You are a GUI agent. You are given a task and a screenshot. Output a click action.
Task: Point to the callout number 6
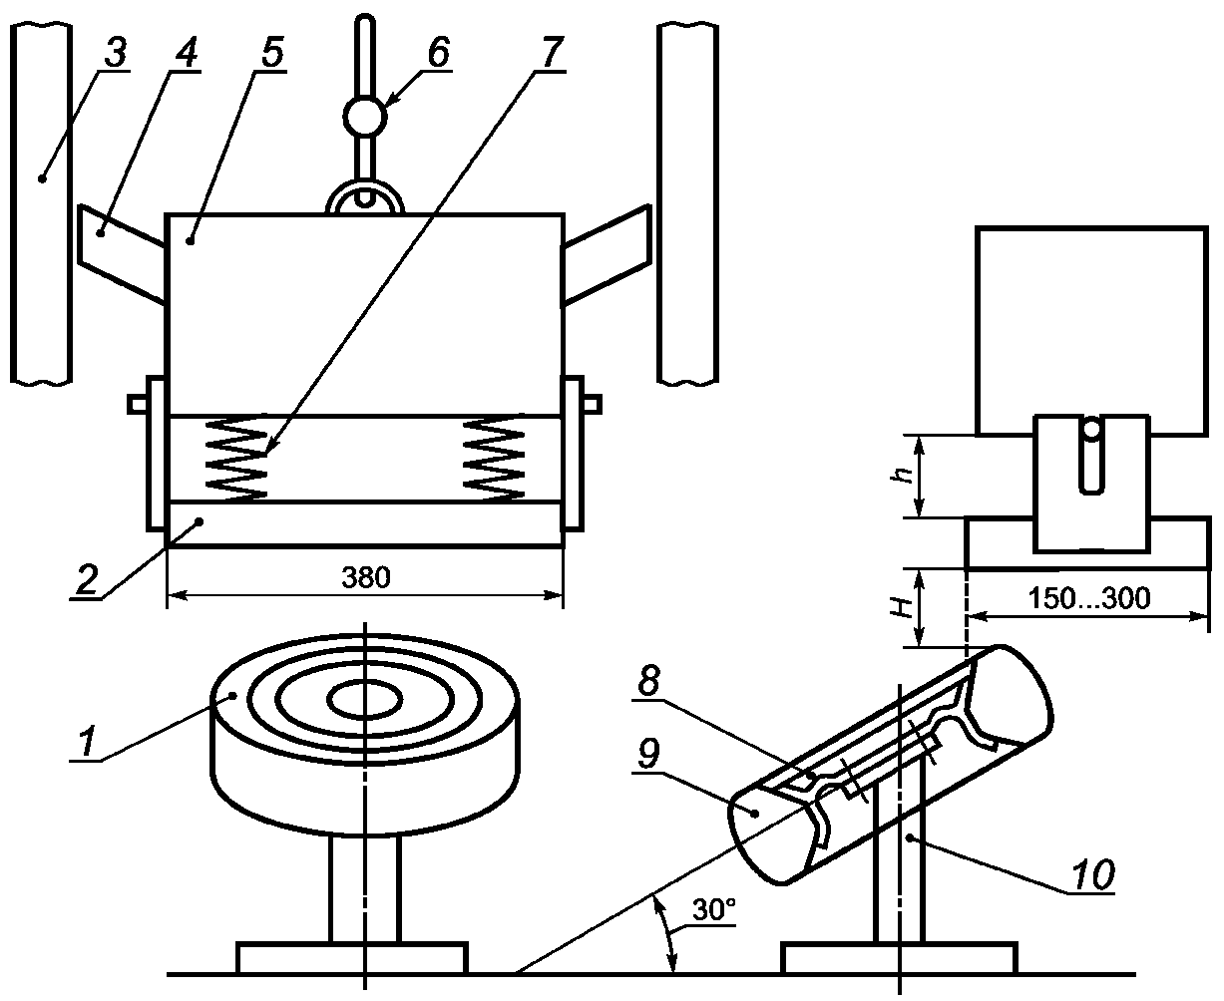pyautogui.click(x=438, y=52)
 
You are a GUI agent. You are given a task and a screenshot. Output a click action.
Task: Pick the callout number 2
pyautogui.click(x=86, y=580)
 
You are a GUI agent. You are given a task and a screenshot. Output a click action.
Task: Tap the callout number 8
pyautogui.click(x=648, y=680)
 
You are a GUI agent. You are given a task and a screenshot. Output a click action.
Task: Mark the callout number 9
pyautogui.click(x=647, y=754)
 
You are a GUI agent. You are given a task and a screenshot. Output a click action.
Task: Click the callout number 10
pyautogui.click(x=1092, y=874)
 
